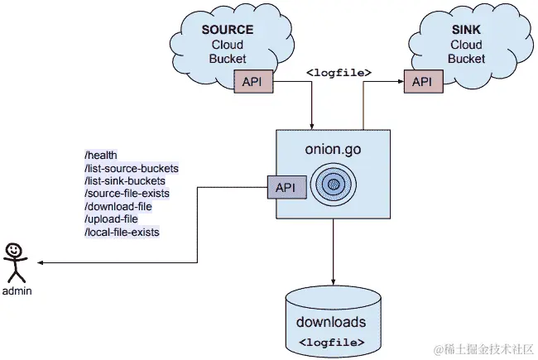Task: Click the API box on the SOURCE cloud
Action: [252, 81]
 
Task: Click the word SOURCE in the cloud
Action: [228, 30]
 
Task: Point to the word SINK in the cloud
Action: [467, 30]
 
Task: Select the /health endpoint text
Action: [101, 155]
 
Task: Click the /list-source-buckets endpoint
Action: [132, 168]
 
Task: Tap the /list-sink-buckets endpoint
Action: [124, 180]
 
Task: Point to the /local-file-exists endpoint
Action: [122, 233]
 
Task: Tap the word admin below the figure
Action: [17, 292]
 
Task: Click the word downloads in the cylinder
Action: [332, 322]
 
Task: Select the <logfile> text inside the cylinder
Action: [332, 341]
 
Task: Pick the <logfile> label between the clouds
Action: [339, 73]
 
